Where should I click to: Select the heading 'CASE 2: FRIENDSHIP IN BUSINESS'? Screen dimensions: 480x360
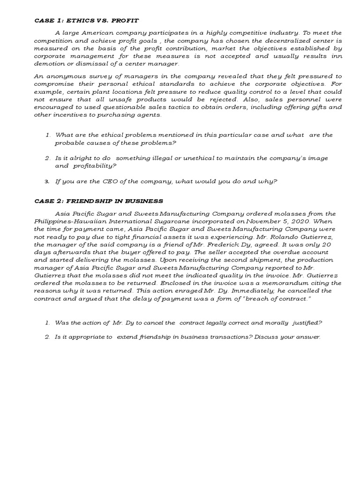(99, 201)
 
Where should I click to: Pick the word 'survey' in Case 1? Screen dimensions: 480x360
(100, 76)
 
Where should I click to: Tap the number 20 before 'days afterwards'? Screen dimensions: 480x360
(328, 245)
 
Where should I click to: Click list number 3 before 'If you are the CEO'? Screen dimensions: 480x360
(47, 181)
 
